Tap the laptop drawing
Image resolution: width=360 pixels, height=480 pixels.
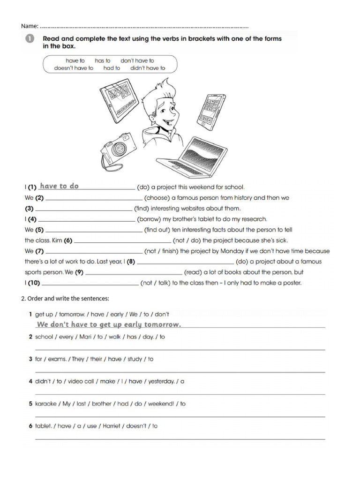pyautogui.click(x=192, y=155)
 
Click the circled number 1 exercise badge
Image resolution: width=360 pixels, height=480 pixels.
pyautogui.click(x=30, y=39)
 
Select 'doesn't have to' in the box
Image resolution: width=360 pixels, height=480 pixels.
pyautogui.click(x=74, y=68)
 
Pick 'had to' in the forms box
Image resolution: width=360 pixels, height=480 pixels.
pyautogui.click(x=112, y=68)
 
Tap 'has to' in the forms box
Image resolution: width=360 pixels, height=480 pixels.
pyautogui.click(x=103, y=60)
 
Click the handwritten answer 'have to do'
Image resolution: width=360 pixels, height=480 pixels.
pyautogui.click(x=59, y=186)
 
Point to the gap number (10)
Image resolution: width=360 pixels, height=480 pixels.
pyautogui.click(x=34, y=283)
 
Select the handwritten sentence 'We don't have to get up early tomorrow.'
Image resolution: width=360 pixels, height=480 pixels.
pyautogui.click(x=109, y=324)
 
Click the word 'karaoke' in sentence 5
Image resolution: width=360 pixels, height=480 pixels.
pyautogui.click(x=46, y=404)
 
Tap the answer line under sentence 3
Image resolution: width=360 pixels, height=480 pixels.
pyautogui.click(x=180, y=372)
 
